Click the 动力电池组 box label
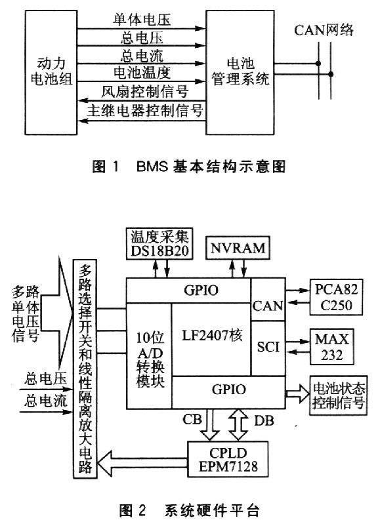(51, 71)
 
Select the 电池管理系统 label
(240, 71)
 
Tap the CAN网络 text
(324, 30)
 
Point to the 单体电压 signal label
(142, 20)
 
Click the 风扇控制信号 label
(145, 91)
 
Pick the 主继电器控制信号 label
(145, 110)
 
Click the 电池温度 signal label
(142, 73)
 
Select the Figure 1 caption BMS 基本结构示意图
(189, 166)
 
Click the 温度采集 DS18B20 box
(160, 243)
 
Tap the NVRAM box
(238, 248)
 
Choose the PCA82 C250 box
(337, 297)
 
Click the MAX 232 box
(331, 347)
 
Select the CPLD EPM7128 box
(228, 459)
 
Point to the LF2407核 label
(212, 335)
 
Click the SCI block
(268, 348)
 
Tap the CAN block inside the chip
(268, 300)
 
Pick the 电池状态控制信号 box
(339, 395)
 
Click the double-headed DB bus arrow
(239, 425)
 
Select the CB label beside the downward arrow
(192, 419)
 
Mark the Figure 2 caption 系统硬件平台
(189, 510)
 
